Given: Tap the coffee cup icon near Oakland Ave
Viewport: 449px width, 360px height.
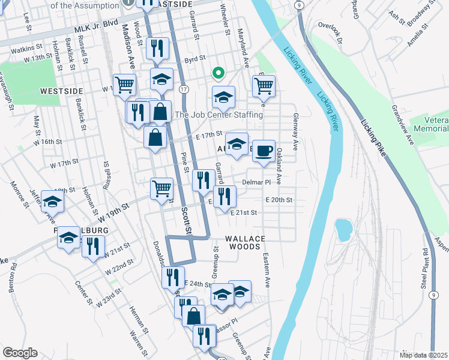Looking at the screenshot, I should click(x=263, y=151).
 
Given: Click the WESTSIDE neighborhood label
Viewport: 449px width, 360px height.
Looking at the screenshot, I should click(x=61, y=91).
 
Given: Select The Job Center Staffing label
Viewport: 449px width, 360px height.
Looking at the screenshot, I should click(x=218, y=115).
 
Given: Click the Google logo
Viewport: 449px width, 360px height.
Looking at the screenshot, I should click(x=20, y=353).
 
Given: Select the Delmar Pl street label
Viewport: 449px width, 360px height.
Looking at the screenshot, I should click(x=257, y=181).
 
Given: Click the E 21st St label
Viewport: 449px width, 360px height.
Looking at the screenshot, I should click(x=243, y=212).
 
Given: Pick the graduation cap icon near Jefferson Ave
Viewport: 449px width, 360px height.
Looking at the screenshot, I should click(x=53, y=203).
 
